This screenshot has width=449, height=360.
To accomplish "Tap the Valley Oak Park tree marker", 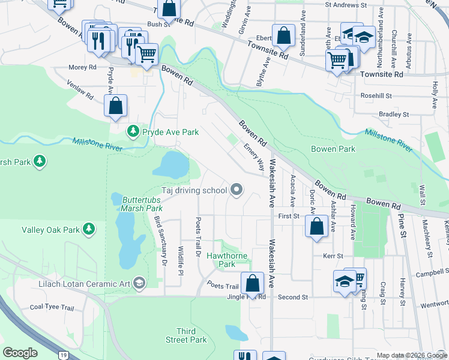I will (x=89, y=229).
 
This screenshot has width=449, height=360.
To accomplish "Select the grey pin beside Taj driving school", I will (x=237, y=190).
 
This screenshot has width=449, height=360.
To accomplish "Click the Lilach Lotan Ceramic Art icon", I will (x=139, y=283).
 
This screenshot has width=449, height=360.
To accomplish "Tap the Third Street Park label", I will (x=191, y=335).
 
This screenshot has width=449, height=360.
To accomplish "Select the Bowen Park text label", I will (x=333, y=149).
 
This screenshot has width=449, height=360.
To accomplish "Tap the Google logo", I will (x=20, y=353).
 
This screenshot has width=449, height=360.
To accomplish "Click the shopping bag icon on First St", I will (x=316, y=227).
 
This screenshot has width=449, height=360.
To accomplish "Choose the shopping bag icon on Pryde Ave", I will (x=116, y=107).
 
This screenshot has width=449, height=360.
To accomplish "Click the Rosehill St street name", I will (x=376, y=95).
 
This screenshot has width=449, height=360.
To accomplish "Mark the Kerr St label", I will (x=333, y=256).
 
